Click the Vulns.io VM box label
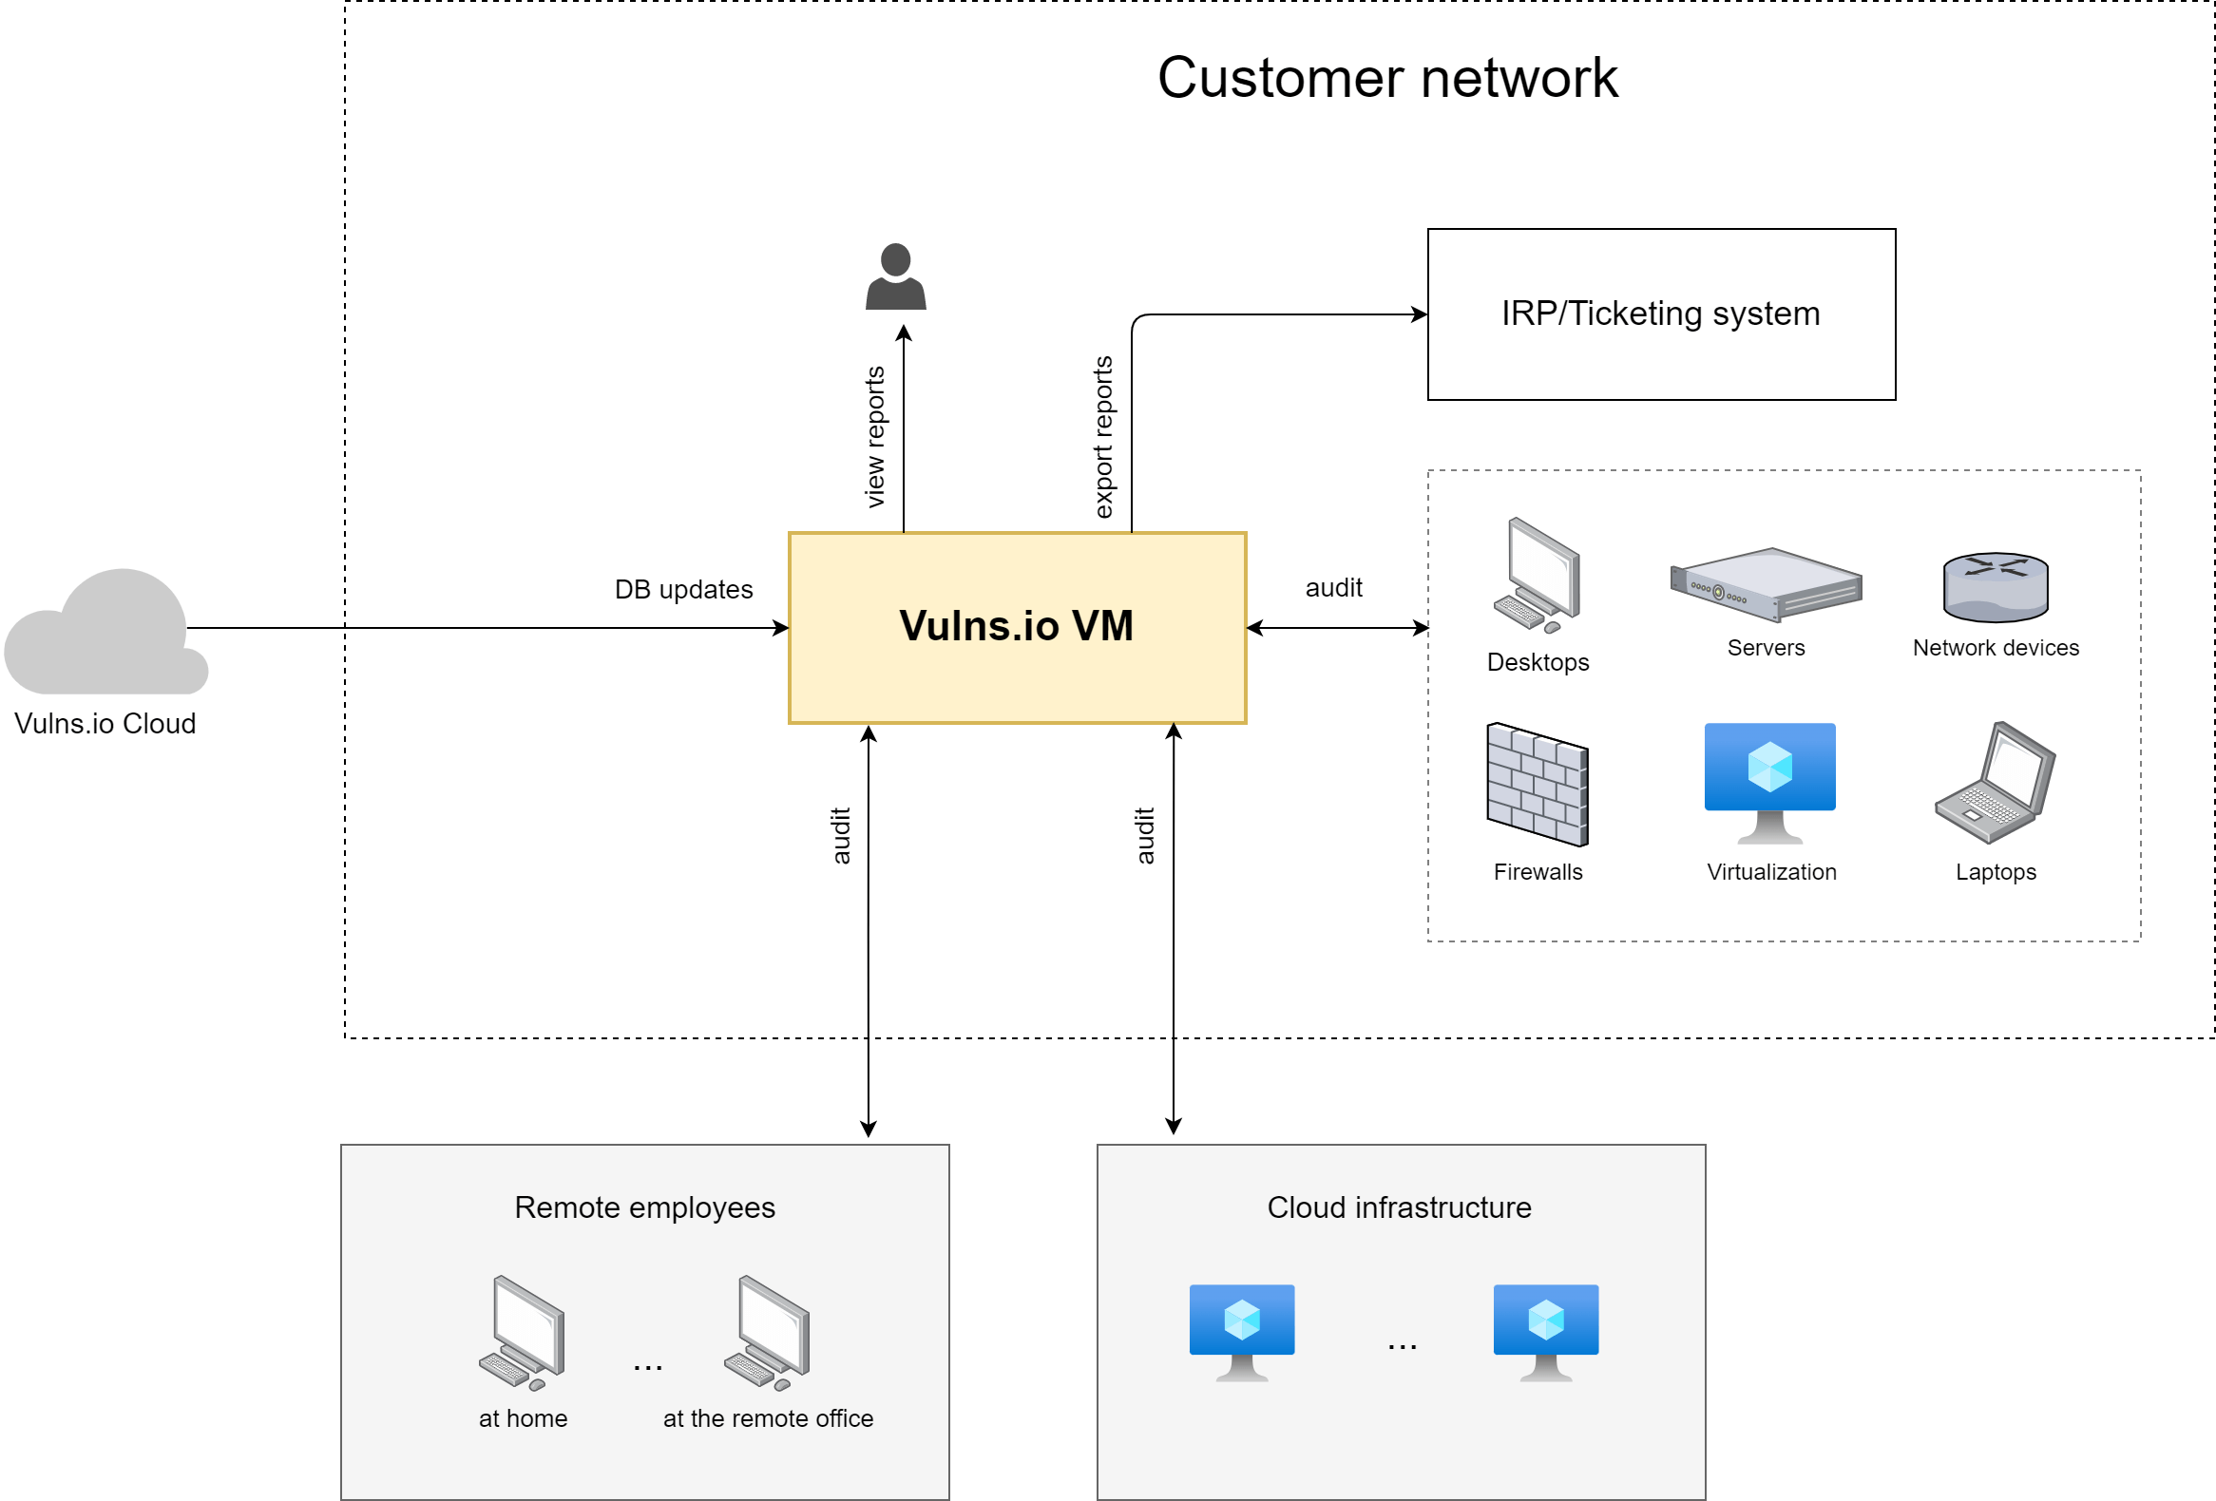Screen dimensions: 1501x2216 point(1016,626)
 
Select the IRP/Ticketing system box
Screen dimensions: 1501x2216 point(1660,314)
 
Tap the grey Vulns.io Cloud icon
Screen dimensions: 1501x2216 point(105,634)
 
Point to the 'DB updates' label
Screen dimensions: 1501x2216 point(683,590)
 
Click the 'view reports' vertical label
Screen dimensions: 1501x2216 point(874,436)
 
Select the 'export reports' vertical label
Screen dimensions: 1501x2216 point(1103,436)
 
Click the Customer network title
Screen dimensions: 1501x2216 point(1386,78)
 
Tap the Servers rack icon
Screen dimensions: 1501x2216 point(1765,585)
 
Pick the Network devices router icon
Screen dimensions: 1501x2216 point(1995,587)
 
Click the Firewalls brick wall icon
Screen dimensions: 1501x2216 point(1538,785)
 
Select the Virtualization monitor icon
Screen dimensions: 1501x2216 point(1769,782)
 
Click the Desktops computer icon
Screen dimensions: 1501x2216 point(1538,576)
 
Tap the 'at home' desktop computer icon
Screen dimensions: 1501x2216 point(523,1333)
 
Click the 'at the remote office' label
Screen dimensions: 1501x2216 point(768,1418)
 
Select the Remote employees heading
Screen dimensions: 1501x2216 point(644,1207)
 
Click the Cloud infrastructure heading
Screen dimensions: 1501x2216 point(1399,1207)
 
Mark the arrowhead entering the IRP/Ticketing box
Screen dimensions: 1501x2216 point(1420,314)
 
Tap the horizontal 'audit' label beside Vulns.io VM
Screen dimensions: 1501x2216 point(1333,588)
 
